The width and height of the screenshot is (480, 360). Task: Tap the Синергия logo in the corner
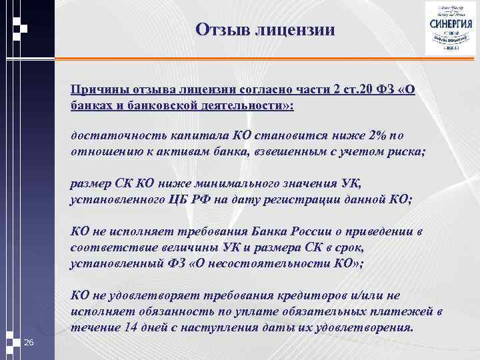[448, 29]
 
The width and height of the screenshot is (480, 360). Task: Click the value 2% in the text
[377, 135]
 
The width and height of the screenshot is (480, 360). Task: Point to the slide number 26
[28, 343]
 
